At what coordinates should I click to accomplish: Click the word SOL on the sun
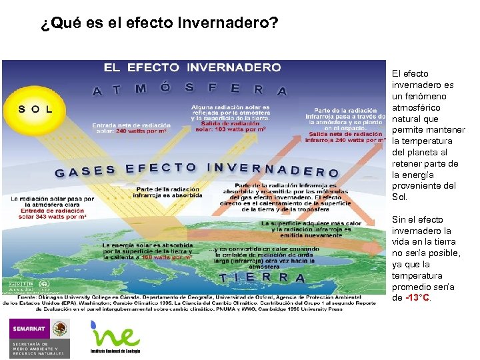click(x=35, y=109)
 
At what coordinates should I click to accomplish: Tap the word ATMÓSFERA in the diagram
click(x=190, y=89)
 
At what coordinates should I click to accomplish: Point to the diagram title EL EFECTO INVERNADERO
click(x=192, y=67)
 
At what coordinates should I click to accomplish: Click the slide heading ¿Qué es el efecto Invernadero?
click(x=159, y=23)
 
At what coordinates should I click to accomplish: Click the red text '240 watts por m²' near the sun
click(x=141, y=131)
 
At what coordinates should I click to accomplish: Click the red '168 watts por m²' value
click(x=167, y=257)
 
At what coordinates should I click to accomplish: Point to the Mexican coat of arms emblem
click(x=60, y=329)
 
